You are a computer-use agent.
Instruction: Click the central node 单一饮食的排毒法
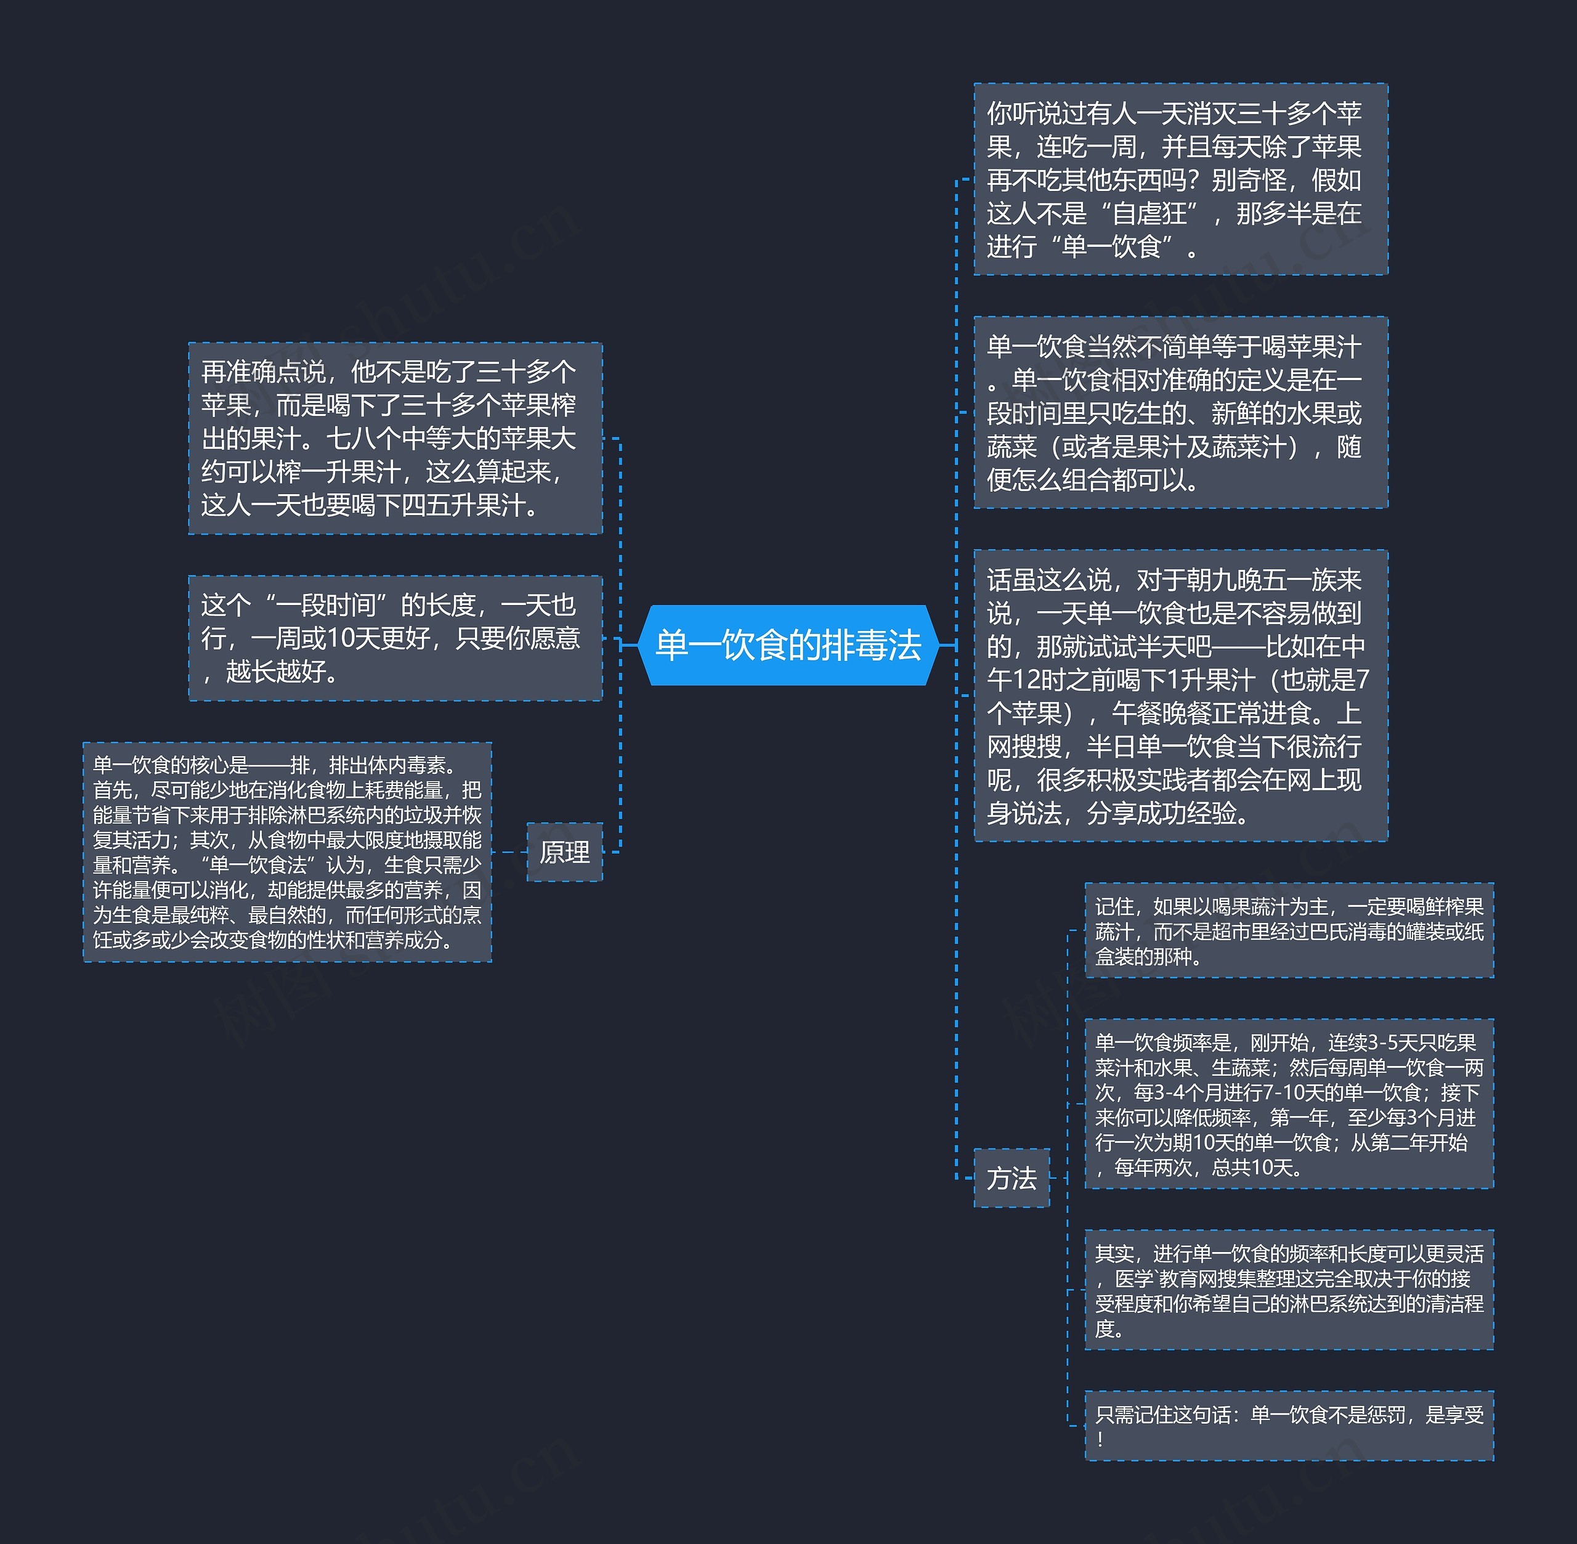click(x=788, y=646)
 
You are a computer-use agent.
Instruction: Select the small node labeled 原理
click(x=564, y=852)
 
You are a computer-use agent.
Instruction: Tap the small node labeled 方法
click(x=1011, y=1177)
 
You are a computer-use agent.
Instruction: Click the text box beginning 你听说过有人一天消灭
click(x=1180, y=179)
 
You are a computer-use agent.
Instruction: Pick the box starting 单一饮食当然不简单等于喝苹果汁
click(x=1180, y=413)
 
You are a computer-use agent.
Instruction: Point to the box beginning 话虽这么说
click(x=1180, y=696)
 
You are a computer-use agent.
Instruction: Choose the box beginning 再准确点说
click(x=395, y=439)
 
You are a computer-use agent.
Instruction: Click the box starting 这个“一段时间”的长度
click(x=395, y=638)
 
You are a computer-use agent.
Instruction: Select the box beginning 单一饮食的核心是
click(x=287, y=852)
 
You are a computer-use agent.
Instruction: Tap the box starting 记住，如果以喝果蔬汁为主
click(x=1289, y=931)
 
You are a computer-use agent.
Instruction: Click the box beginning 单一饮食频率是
click(x=1289, y=1105)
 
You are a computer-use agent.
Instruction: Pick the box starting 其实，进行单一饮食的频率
click(x=1289, y=1290)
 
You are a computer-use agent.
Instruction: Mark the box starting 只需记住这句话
click(x=1289, y=1426)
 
